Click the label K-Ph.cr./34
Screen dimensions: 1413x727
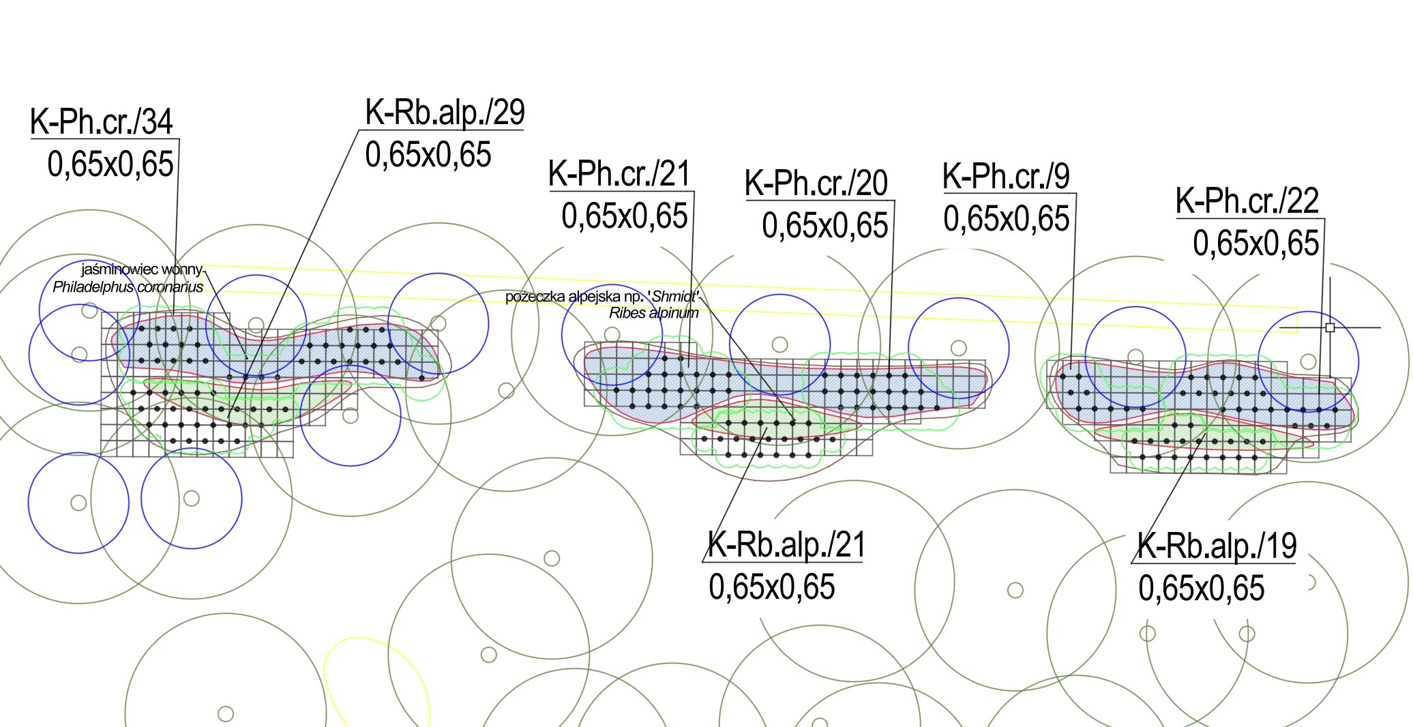102,122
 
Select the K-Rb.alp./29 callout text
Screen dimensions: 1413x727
445,113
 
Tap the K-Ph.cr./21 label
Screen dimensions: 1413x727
620,174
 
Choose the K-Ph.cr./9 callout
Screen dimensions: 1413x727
1006,176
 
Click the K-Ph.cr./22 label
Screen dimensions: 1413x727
1247,201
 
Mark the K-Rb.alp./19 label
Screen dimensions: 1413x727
1217,546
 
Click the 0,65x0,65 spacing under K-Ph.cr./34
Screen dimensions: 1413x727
110,164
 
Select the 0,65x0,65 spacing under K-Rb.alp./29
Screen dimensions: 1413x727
428,155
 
